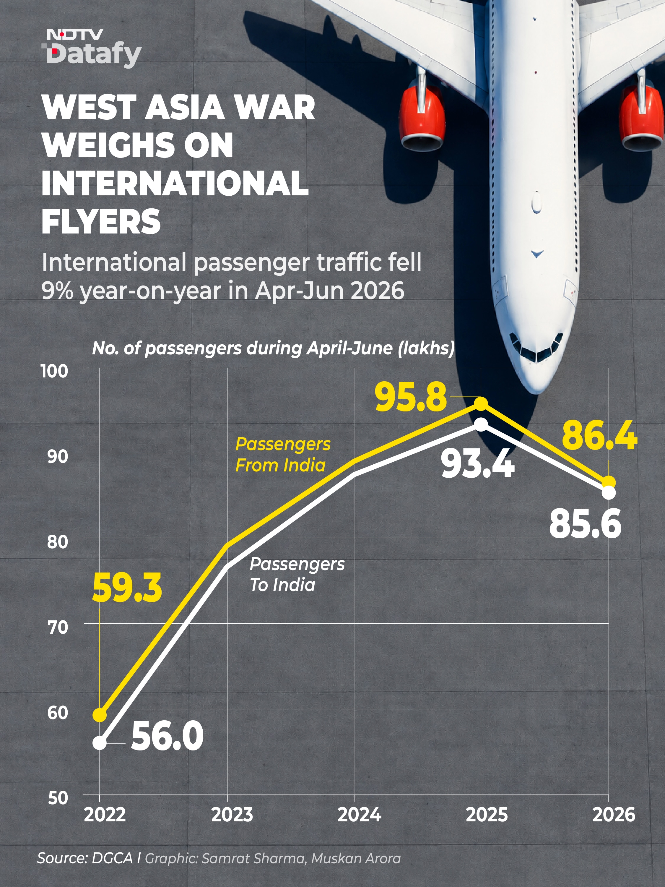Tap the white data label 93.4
(477, 464)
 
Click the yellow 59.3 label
(127, 588)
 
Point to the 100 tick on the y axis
(55, 371)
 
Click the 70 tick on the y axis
(57, 627)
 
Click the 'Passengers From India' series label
(283, 455)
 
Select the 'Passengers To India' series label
(297, 575)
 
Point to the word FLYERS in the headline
(101, 221)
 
